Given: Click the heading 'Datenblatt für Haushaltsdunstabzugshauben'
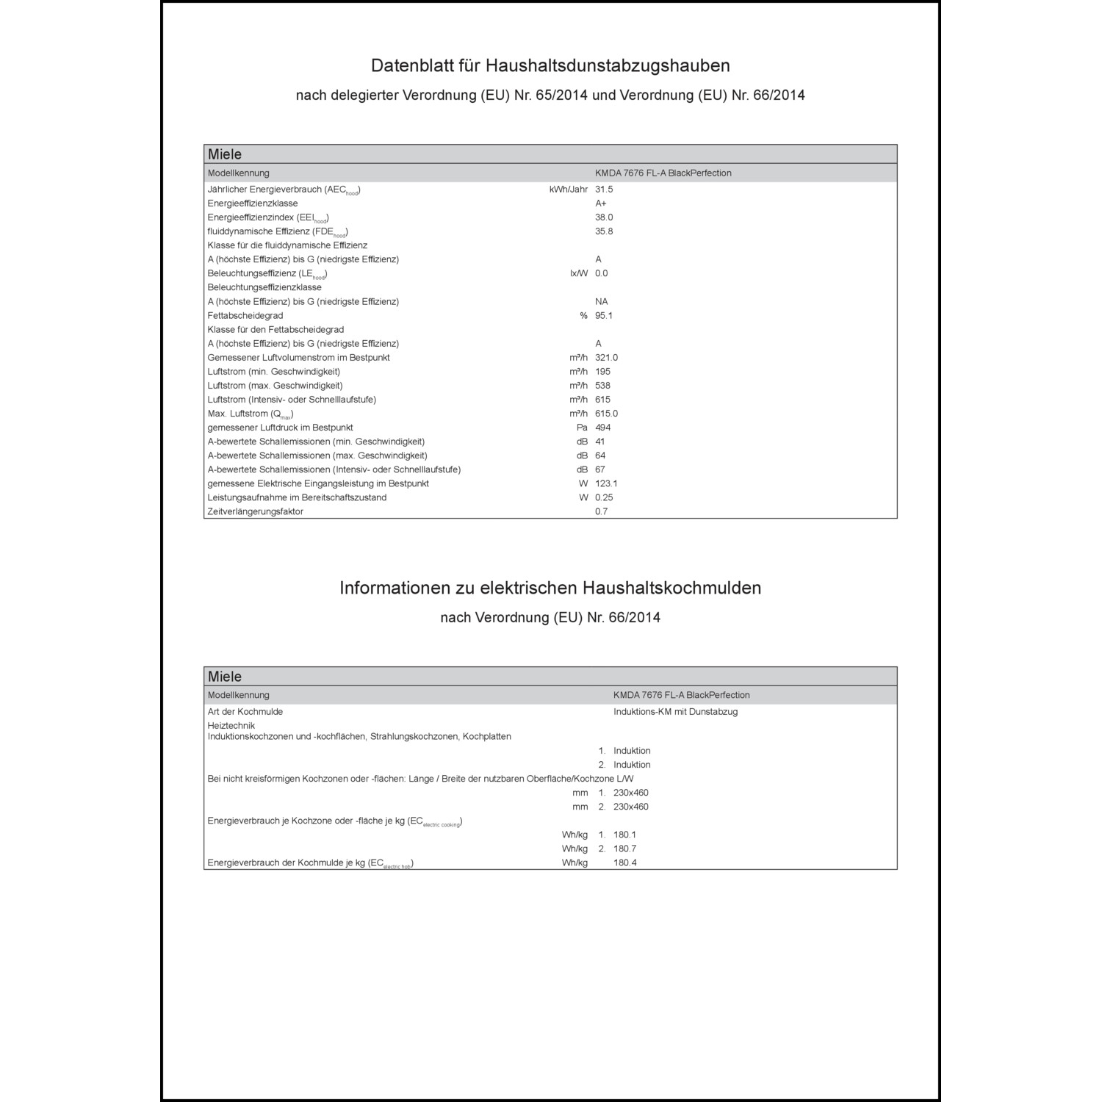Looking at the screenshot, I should tap(550, 66).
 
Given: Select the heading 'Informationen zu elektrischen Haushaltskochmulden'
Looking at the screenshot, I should tap(550, 588).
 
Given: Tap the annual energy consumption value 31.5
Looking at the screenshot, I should tap(604, 190).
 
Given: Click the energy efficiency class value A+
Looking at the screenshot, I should tap(601, 204).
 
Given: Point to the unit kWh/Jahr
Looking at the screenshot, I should tap(568, 190).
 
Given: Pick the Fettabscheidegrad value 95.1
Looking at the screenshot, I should tap(604, 316).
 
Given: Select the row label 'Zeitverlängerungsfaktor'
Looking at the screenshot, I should tap(255, 512).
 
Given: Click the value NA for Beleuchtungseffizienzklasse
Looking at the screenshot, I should tap(602, 302).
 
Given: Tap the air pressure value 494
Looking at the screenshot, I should tap(603, 428).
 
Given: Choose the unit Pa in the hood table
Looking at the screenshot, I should tap(582, 428).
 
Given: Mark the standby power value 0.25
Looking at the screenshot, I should tap(604, 497).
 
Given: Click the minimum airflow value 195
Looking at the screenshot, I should tap(602, 372).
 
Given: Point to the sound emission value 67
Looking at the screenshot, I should tap(600, 469).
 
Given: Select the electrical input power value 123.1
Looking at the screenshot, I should tap(606, 483).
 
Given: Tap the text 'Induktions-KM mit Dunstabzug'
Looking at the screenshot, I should tap(675, 712).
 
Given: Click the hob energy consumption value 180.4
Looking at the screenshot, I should tap(625, 862).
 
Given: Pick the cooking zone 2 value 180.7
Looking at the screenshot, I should tap(625, 849).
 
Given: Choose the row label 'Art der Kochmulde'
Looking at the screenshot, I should tap(245, 712).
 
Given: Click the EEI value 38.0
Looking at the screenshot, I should tap(604, 217).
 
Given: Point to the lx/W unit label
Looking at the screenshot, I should tap(579, 273).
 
